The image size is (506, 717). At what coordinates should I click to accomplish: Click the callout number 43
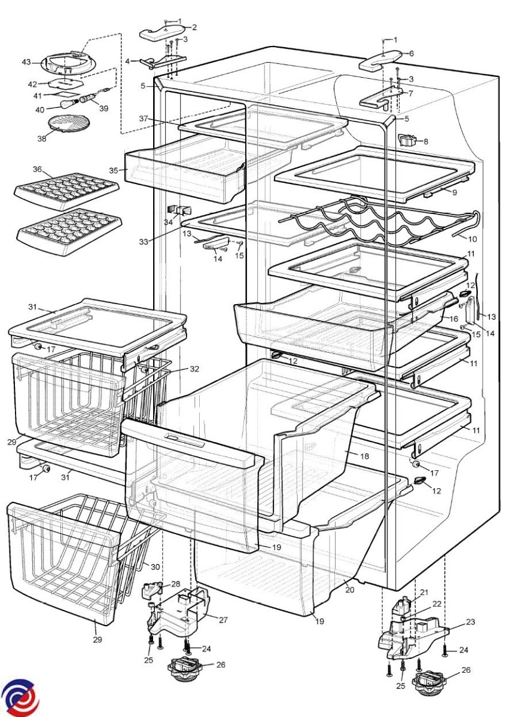point(26,62)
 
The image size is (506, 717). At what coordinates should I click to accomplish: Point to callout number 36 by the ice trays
point(37,170)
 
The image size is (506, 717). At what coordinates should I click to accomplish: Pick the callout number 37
point(143,118)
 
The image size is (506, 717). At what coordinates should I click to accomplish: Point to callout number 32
point(194,369)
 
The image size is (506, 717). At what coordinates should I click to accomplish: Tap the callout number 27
point(223,620)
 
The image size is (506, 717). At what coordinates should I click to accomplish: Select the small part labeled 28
point(151,592)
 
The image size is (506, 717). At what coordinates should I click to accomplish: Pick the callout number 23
point(471,622)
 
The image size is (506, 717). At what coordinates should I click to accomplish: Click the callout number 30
point(156,567)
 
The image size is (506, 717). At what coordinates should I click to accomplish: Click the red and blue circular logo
point(19,697)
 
